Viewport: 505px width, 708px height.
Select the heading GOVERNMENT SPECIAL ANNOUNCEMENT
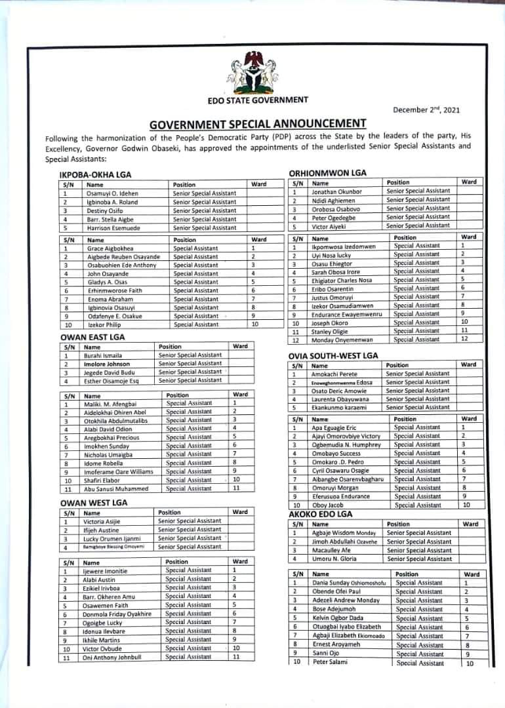point(258,123)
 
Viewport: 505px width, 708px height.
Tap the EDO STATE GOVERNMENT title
point(257,100)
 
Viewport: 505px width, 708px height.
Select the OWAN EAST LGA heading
point(92,337)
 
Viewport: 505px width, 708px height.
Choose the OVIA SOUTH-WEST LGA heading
point(334,355)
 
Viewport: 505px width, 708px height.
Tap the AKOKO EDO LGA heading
point(321,515)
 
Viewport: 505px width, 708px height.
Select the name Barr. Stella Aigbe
point(111,220)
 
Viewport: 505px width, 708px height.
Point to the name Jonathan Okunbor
point(338,191)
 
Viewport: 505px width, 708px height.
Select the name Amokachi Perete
point(334,374)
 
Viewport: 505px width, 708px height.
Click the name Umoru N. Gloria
point(334,559)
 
